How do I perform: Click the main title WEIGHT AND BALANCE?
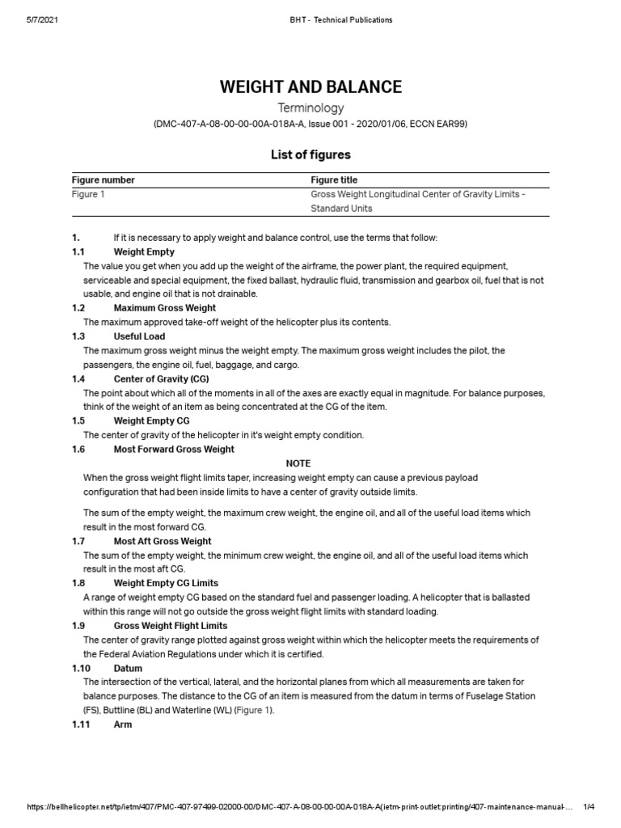point(310,87)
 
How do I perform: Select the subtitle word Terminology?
point(310,108)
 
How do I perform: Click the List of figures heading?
point(310,154)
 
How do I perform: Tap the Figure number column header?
point(103,180)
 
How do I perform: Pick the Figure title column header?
point(334,180)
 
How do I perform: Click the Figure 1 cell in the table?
point(88,194)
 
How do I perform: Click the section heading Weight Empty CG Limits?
point(166,583)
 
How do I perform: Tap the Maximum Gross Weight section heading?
point(164,308)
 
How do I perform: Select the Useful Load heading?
point(139,336)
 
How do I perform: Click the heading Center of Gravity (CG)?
point(162,378)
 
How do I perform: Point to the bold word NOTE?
point(298,463)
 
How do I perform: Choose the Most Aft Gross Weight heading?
point(163,541)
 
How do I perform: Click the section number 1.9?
point(78,626)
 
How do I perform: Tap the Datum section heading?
point(128,669)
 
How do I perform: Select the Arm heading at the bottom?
point(123,724)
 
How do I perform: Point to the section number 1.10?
point(81,669)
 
